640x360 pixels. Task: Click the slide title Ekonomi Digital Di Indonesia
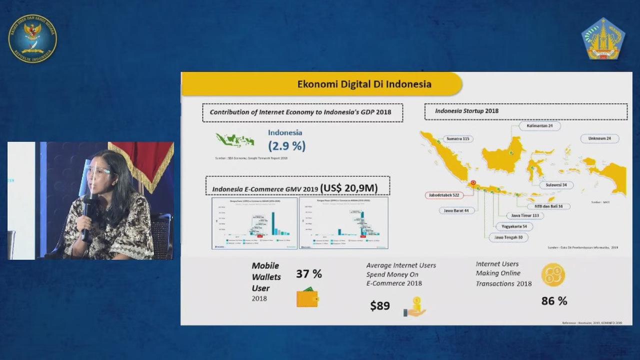pyautogui.click(x=364, y=84)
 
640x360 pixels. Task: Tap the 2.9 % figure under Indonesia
pyautogui.click(x=286, y=146)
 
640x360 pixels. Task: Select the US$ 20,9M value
pyautogui.click(x=348, y=188)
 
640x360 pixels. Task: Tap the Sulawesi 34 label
pyautogui.click(x=556, y=185)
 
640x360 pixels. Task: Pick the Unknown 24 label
pyautogui.click(x=600, y=138)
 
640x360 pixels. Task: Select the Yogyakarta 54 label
pyautogui.click(x=514, y=226)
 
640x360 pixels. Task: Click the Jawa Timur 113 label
pyautogui.click(x=525, y=215)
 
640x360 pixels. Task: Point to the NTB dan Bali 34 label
pyautogui.click(x=548, y=206)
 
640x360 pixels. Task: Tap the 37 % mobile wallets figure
pyautogui.click(x=308, y=274)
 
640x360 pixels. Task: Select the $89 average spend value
pyautogui.click(x=380, y=305)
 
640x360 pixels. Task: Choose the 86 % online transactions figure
pyautogui.click(x=554, y=300)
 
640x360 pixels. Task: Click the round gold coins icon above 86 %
pyautogui.click(x=553, y=274)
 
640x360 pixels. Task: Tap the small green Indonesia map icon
pyautogui.click(x=235, y=139)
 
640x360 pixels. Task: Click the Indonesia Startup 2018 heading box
pyautogui.click(x=525, y=111)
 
